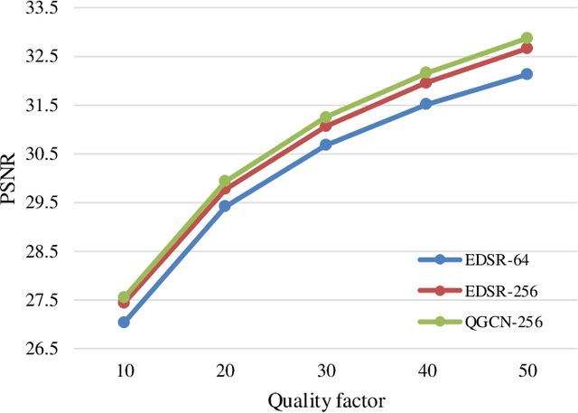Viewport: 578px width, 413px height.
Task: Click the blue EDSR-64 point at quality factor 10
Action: point(124,322)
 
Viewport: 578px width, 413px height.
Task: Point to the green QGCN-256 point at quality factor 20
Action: point(225,182)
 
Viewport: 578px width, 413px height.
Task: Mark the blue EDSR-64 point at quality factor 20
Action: point(225,206)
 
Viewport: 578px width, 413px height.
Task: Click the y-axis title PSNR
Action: point(10,178)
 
